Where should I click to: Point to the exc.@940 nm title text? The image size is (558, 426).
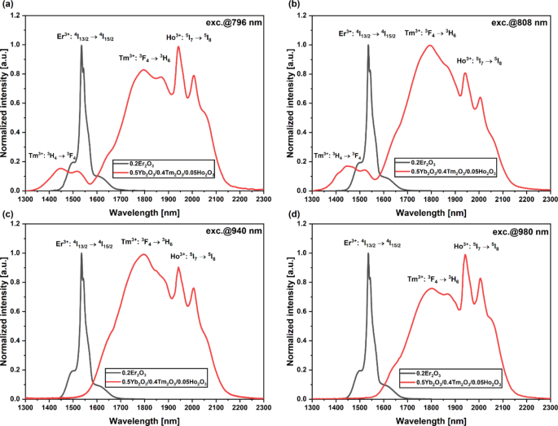point(238,231)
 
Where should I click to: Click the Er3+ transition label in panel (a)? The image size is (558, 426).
point(90,36)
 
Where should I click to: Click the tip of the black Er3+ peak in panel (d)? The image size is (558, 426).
point(368,254)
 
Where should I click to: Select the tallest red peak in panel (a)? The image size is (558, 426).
point(178,46)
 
